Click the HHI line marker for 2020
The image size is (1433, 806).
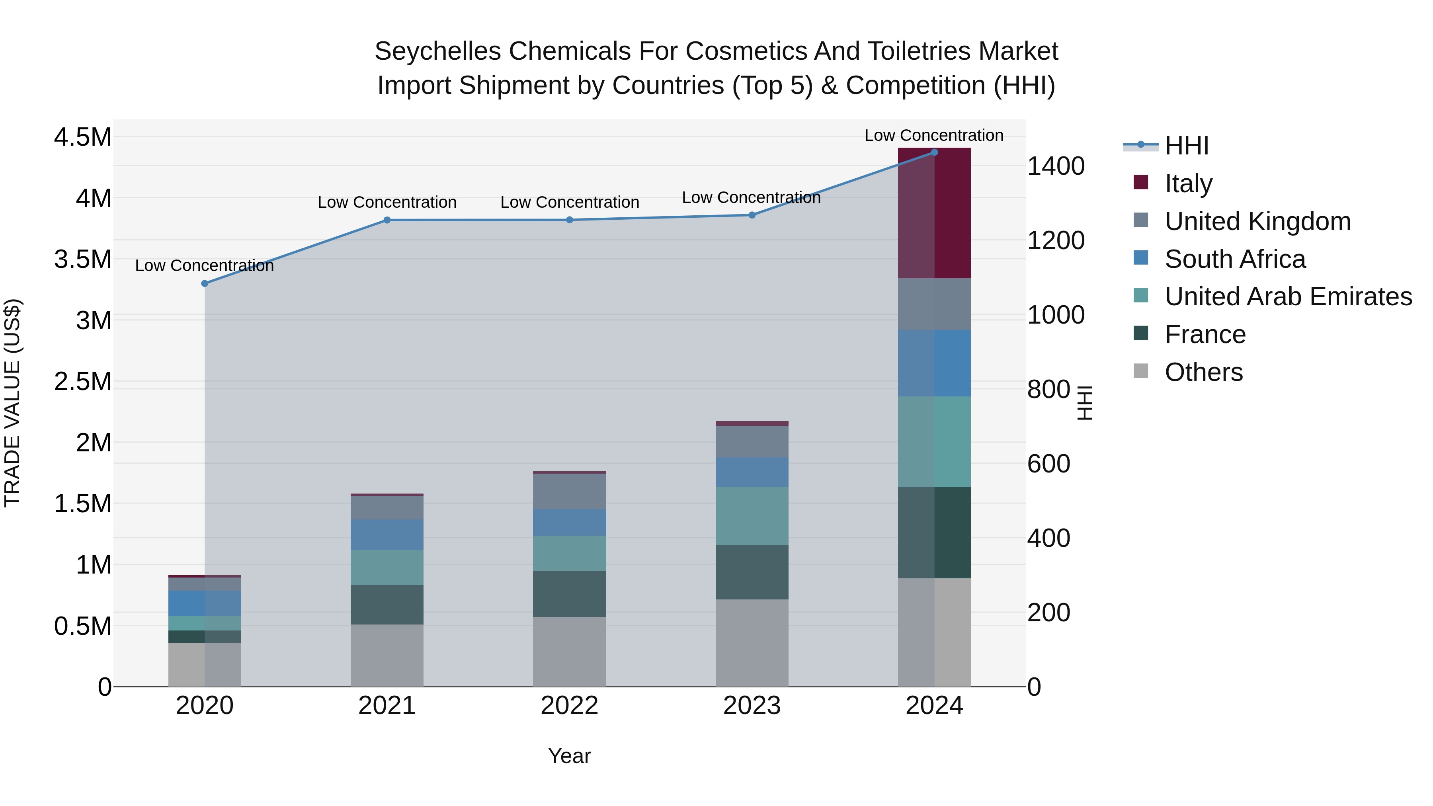(205, 284)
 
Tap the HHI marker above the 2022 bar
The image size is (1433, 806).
(569, 220)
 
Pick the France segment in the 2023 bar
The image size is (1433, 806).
(752, 572)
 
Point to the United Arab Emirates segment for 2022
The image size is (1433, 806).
(569, 554)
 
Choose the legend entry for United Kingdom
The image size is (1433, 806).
(1257, 221)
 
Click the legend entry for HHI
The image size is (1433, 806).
(1186, 146)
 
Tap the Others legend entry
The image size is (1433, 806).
(1203, 372)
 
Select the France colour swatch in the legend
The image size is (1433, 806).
(1140, 333)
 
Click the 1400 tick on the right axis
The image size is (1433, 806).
(1055, 166)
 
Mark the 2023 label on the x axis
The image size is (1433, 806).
(752, 706)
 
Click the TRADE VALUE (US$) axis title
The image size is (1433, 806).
(13, 403)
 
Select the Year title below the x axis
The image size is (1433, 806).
(569, 756)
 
